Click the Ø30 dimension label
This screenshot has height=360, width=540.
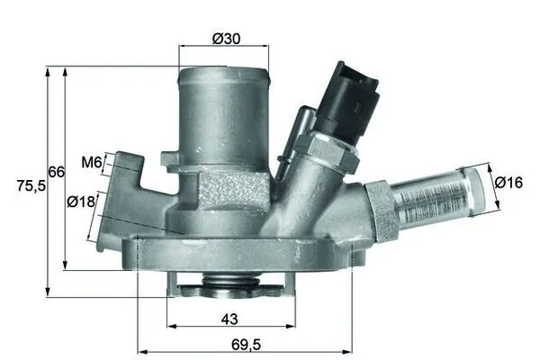(x=226, y=40)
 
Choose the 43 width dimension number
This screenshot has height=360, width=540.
(x=229, y=319)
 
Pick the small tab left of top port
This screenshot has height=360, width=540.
(x=170, y=160)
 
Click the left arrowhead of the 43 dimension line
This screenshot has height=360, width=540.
(x=170, y=326)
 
